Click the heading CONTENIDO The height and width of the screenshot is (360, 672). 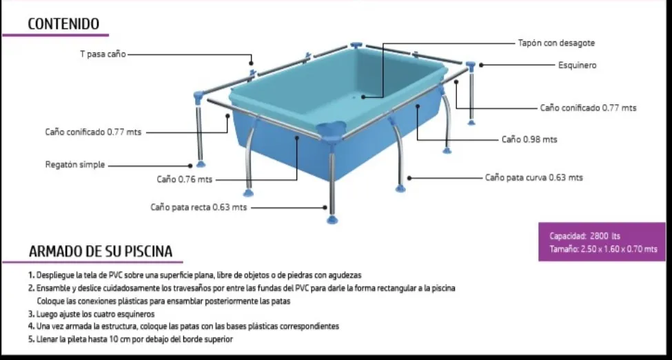pos(68,24)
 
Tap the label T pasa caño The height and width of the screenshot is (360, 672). pos(102,54)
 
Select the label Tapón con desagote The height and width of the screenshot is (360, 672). pos(556,43)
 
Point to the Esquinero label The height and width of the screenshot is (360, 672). pos(577,66)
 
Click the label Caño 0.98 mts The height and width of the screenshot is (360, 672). pos(529,139)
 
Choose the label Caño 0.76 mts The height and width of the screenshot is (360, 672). pos(184,180)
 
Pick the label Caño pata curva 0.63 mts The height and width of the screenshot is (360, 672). pos(533,177)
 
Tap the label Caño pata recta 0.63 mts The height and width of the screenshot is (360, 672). pos(198,207)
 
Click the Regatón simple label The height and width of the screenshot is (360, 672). pos(74,165)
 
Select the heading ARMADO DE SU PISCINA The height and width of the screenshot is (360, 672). pos(101,252)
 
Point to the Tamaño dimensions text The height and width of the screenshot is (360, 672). pos(603,249)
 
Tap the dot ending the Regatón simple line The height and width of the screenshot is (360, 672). pos(191,165)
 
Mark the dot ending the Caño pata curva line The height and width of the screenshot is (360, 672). pos(408,177)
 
